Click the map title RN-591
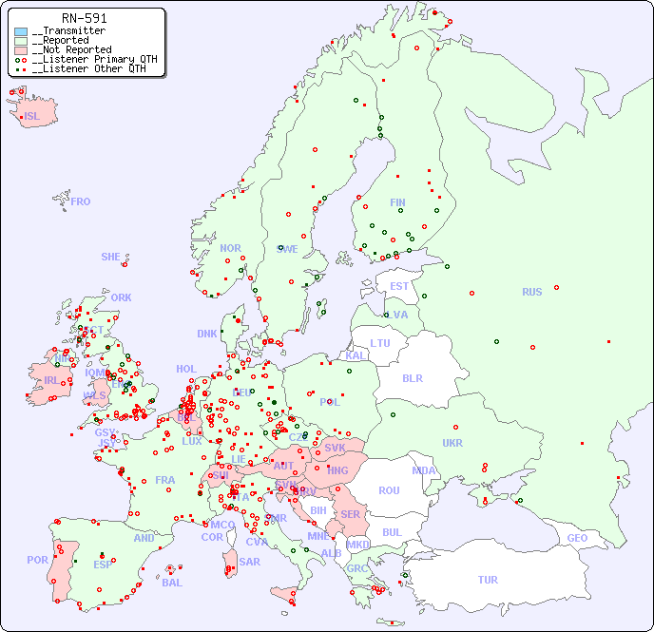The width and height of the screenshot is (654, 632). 84,18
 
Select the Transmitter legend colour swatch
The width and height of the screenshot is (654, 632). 21,31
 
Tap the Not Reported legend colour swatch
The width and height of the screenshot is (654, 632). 21,49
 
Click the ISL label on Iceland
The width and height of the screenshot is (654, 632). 32,117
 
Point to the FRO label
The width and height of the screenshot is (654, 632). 81,201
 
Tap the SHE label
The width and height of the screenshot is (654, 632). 110,257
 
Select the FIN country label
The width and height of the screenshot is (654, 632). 397,202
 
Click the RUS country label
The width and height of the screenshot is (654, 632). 531,292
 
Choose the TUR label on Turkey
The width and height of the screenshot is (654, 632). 488,580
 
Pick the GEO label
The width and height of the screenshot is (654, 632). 577,538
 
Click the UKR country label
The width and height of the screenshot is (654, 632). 452,443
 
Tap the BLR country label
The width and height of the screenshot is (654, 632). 412,377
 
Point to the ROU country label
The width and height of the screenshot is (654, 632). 389,490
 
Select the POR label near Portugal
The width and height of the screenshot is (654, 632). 37,560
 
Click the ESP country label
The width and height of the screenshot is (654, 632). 103,565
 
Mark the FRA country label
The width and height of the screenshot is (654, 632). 165,480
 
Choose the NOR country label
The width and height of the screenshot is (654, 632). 230,248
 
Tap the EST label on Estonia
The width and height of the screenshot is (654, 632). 399,286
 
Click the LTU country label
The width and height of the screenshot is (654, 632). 380,343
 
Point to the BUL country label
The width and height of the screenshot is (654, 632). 392,532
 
